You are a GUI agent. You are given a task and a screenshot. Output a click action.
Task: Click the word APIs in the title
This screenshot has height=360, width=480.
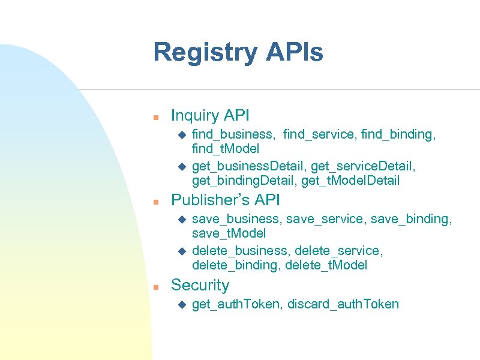pyautogui.click(x=295, y=52)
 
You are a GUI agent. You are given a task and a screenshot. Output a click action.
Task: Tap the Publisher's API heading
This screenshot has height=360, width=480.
pyautogui.click(x=226, y=200)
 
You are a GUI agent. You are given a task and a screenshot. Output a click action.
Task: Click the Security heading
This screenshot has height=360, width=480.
pyautogui.click(x=200, y=285)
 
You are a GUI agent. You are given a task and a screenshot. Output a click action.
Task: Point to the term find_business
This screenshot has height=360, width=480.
pyautogui.click(x=235, y=134)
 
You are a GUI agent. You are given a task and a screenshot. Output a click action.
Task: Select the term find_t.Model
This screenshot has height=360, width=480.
pyautogui.click(x=226, y=148)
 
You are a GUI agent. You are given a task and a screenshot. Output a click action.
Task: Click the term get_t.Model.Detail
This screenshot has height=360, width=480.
pyautogui.click(x=350, y=180)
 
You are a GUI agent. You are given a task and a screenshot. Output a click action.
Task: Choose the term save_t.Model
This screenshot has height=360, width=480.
pyautogui.click(x=229, y=233)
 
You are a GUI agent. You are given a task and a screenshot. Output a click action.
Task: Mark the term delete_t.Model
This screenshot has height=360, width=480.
pyautogui.click(x=326, y=265)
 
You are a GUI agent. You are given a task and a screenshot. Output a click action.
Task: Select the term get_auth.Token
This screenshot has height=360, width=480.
pyautogui.click(x=236, y=304)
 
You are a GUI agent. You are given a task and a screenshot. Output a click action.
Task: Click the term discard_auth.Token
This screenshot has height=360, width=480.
pyautogui.click(x=343, y=304)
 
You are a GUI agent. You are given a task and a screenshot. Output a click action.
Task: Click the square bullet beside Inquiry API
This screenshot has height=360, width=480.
pyautogui.click(x=155, y=116)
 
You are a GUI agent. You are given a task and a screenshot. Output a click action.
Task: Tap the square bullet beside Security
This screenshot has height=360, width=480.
pyautogui.click(x=155, y=287)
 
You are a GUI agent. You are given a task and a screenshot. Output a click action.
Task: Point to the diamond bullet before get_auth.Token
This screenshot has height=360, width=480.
pyautogui.click(x=184, y=305)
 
